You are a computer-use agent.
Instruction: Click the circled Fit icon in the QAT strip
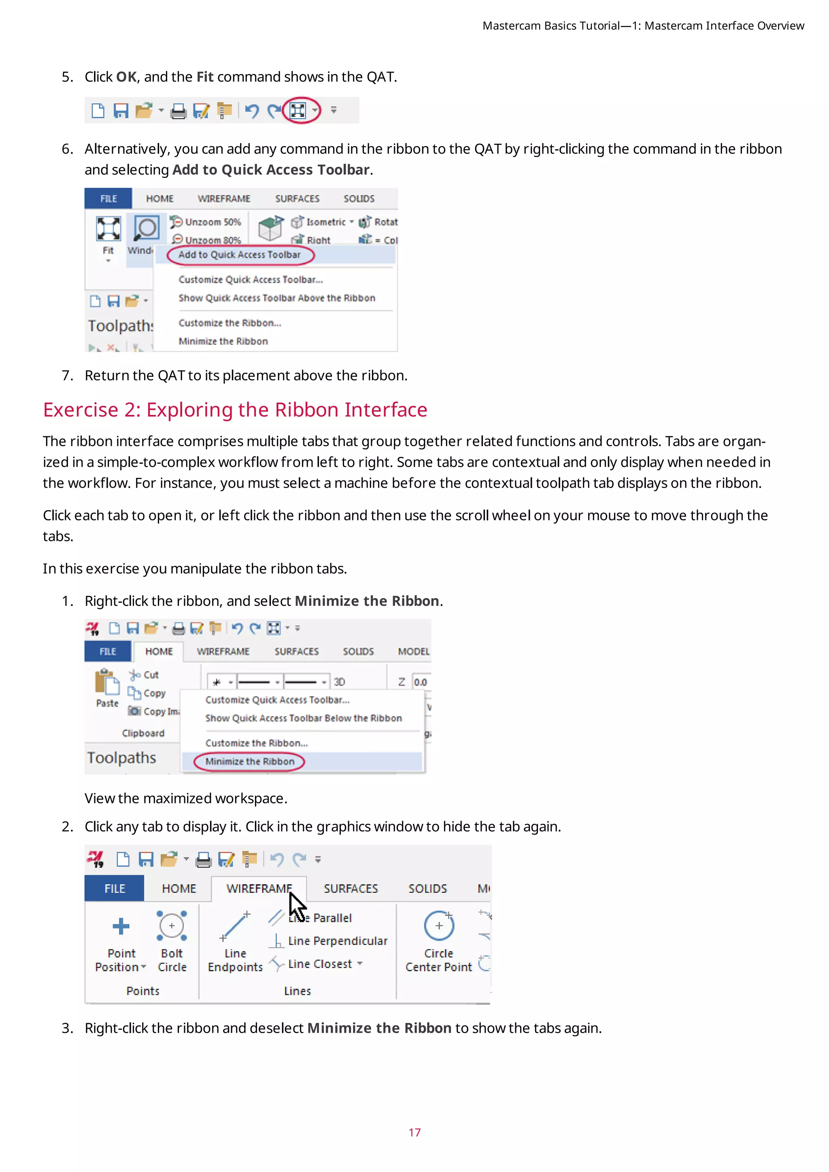click(x=298, y=110)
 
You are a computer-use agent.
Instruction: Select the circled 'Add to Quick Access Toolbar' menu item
click(x=239, y=255)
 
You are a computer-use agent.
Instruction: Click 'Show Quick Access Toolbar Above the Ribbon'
click(x=277, y=298)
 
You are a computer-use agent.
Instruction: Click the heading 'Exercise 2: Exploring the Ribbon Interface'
click(x=235, y=410)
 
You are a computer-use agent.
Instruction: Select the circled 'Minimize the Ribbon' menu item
click(x=250, y=762)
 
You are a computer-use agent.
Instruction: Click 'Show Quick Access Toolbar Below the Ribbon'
click(x=303, y=718)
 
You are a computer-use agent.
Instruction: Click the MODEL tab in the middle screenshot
click(x=413, y=652)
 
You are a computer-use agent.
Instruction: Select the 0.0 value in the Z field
click(x=420, y=682)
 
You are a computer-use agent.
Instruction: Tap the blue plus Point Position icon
click(x=121, y=926)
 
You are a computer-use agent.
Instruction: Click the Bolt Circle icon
click(x=172, y=926)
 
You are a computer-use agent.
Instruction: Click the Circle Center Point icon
click(x=438, y=926)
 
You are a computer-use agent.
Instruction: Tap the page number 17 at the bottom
click(x=414, y=1133)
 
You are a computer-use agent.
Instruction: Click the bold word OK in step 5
click(x=126, y=77)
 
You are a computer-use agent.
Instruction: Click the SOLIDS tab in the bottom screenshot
click(x=427, y=889)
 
